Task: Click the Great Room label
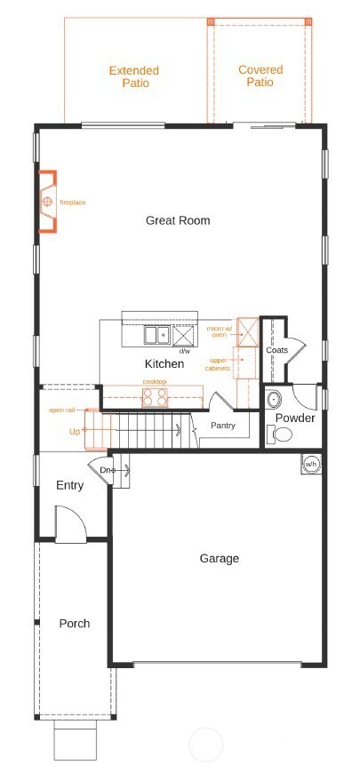(178, 220)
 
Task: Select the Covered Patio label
(260, 76)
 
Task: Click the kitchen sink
(157, 335)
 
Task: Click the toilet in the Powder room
(283, 434)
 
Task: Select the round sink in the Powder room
(273, 398)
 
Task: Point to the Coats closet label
(276, 350)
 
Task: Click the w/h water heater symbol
(311, 464)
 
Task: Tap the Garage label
(219, 558)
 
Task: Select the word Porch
(75, 623)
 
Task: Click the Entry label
(69, 485)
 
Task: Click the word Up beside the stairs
(75, 431)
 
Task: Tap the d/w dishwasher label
(185, 352)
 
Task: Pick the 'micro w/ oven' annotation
(219, 331)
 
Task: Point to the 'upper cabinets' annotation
(218, 364)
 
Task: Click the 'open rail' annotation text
(61, 410)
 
